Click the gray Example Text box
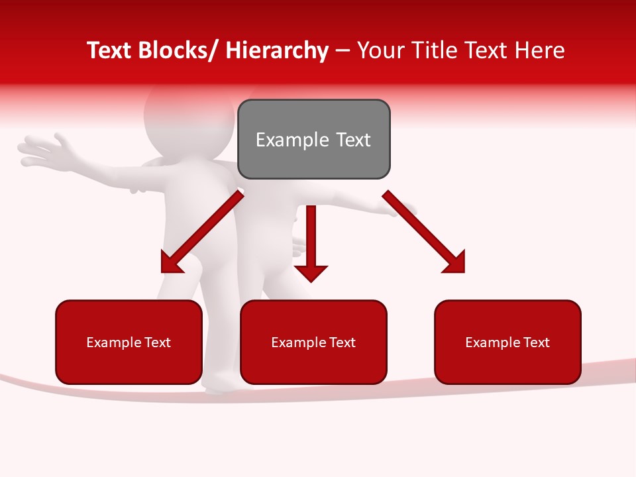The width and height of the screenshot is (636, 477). tap(313, 139)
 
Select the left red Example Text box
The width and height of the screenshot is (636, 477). tap(129, 342)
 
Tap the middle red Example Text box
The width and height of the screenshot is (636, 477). tap(313, 342)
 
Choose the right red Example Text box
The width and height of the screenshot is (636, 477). tap(507, 342)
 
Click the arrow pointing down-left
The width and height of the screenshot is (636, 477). tap(202, 232)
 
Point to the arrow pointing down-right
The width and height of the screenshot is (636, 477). tap(424, 232)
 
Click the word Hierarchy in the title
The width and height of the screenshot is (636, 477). tap(278, 50)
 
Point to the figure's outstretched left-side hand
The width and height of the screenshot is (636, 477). tap(43, 149)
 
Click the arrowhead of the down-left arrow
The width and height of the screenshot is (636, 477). tap(170, 263)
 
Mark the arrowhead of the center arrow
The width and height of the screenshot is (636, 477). tap(311, 272)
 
